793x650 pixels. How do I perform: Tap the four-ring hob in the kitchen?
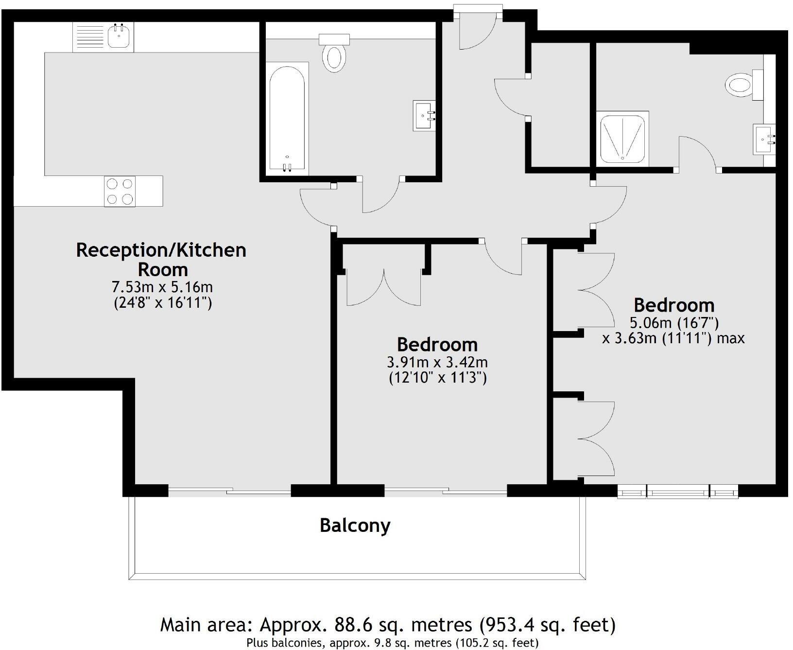(120, 192)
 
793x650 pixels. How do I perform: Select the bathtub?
(287, 120)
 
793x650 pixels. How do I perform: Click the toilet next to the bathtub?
(334, 54)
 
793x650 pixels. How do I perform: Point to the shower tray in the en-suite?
(624, 139)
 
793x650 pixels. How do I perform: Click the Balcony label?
(355, 526)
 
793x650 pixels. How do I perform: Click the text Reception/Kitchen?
(161, 250)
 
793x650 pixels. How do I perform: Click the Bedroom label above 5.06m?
(674, 305)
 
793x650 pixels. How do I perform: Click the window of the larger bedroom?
(678, 492)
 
